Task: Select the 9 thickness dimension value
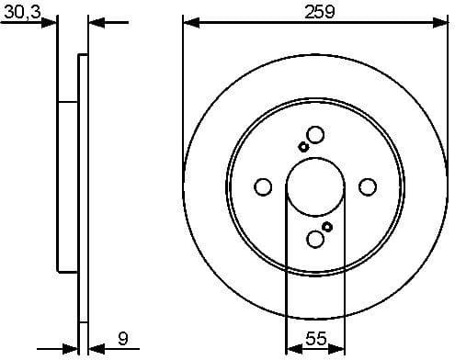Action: (122, 338)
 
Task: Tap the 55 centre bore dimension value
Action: (315, 338)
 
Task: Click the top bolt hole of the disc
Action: (315, 135)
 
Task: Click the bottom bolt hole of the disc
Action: (315, 240)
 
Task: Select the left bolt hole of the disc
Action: (263, 187)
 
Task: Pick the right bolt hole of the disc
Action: (368, 187)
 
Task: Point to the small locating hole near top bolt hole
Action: (303, 147)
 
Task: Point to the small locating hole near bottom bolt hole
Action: (327, 227)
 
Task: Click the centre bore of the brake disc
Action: (315, 187)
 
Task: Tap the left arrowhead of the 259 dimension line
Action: (189, 22)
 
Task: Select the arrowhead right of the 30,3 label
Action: (51, 22)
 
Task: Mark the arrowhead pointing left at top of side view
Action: (95, 22)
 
